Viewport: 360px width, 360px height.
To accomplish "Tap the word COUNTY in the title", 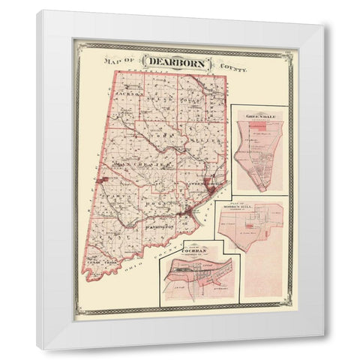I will tap(232, 68).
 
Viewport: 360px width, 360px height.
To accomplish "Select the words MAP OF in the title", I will tap(118, 61).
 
